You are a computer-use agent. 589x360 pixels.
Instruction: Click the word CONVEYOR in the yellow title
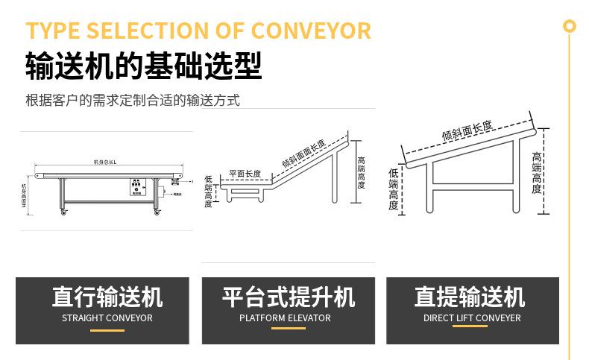pyautogui.click(x=311, y=31)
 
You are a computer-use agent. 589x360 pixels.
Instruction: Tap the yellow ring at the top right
pyautogui.click(x=570, y=26)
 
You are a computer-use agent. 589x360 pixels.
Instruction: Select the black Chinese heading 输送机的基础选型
pyautogui.click(x=143, y=66)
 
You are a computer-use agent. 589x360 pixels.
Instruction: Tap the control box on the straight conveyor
pyautogui.click(x=136, y=187)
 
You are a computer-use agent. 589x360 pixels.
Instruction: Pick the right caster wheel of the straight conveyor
pyautogui.click(x=157, y=214)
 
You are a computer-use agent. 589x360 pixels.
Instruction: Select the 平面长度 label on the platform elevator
pyautogui.click(x=245, y=174)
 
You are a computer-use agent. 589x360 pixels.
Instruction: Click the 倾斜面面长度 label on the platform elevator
pyautogui.click(x=303, y=154)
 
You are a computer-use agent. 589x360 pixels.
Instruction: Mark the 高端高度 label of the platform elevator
pyautogui.click(x=361, y=172)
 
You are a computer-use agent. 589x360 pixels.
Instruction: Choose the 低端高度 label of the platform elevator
pyautogui.click(x=208, y=192)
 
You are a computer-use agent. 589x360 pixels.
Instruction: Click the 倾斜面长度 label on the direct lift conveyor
pyautogui.click(x=467, y=131)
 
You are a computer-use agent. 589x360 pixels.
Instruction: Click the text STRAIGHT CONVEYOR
pyautogui.click(x=107, y=318)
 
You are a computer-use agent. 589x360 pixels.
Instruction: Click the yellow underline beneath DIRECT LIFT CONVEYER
pyautogui.click(x=472, y=330)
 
